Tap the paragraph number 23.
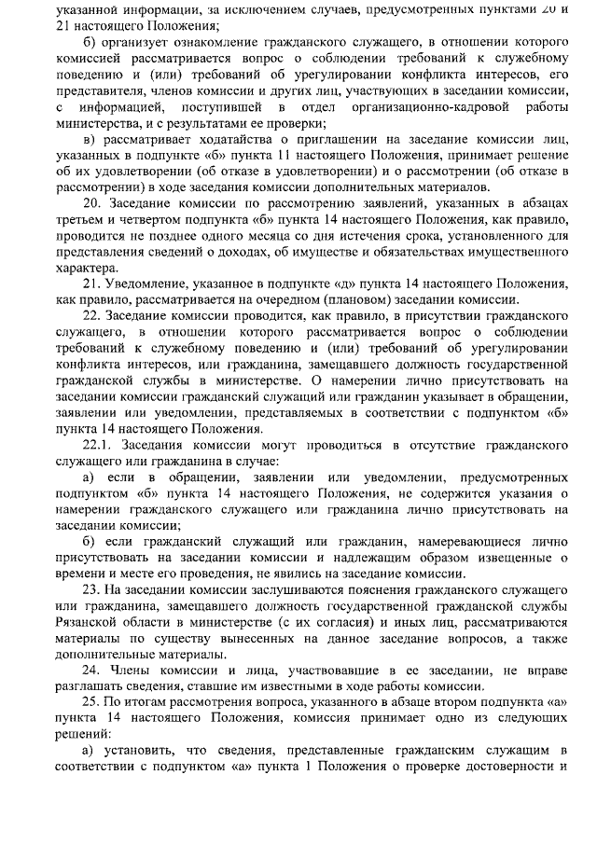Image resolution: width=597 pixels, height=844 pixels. (91, 591)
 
